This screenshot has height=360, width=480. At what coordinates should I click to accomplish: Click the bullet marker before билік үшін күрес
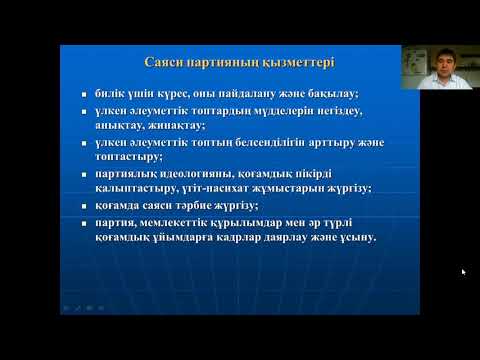pos(87,92)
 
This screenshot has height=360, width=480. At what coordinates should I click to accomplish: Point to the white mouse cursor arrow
pos(463,271)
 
